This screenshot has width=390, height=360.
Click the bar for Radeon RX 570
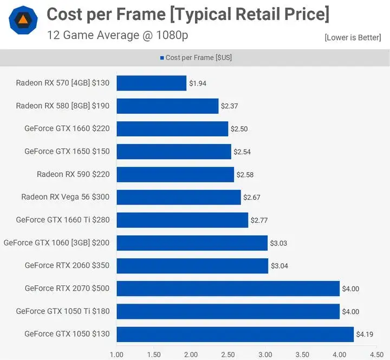151,83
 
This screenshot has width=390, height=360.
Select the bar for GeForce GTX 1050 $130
235,334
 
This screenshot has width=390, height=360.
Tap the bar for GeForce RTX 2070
227,289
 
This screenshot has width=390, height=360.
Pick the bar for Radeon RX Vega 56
178,197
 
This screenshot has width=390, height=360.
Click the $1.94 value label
198,83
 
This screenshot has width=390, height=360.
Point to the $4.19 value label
365,335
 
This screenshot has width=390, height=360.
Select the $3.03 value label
279,243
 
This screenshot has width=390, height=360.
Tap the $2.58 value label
245,174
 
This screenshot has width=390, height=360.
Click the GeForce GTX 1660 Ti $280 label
62,220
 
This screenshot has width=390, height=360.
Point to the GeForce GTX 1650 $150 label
67,152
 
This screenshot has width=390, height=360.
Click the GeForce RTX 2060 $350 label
67,265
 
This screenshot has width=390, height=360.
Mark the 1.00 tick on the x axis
116,355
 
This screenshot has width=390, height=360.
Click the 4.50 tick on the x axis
376,355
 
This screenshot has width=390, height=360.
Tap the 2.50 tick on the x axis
228,355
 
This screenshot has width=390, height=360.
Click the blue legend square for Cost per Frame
162,58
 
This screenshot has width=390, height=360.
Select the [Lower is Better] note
353,37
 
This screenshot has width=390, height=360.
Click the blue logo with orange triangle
23,21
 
